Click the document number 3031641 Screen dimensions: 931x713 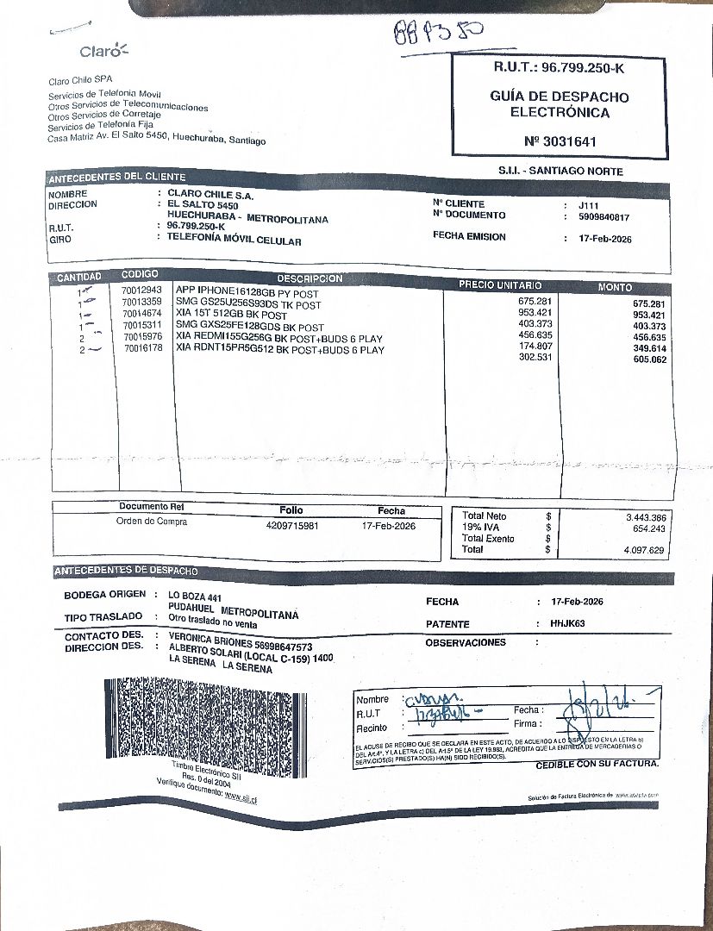560,141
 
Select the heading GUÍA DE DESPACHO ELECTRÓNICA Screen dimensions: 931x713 560,104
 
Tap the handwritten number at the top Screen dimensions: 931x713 437,34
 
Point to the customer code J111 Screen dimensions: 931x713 588,205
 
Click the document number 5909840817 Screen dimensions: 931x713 604,217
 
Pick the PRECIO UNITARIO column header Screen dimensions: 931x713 500,284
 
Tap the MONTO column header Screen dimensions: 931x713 615,287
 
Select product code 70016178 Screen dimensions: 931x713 142,349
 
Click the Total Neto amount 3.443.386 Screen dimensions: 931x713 645,517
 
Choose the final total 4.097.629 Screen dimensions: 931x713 644,549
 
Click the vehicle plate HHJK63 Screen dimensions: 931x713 567,623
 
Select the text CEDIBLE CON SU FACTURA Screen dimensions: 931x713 597,764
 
